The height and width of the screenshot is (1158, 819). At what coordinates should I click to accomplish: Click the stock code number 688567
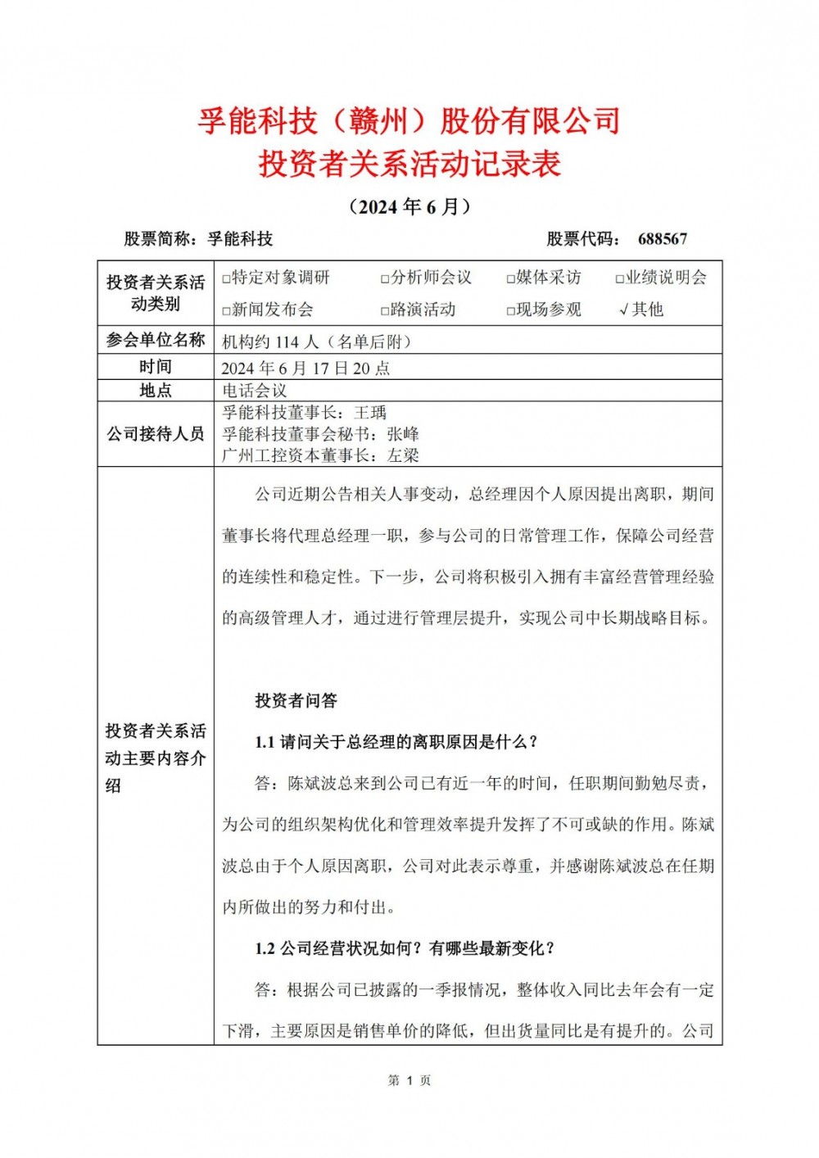point(662,239)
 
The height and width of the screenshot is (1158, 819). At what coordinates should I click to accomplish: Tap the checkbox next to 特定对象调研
point(226,279)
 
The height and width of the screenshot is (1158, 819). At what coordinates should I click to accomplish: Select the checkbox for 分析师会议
point(385,279)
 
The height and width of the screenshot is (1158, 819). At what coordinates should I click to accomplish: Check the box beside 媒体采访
point(511,279)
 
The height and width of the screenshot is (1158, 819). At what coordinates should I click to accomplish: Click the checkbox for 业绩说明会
point(620,279)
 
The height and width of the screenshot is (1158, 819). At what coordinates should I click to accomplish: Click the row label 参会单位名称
point(155,341)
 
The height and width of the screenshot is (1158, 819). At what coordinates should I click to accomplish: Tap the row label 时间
point(155,367)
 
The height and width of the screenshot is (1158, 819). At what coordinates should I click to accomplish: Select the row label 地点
point(155,391)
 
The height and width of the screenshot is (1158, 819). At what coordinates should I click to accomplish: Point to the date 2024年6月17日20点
point(305,369)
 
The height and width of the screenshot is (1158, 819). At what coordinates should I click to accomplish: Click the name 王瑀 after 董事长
point(370,414)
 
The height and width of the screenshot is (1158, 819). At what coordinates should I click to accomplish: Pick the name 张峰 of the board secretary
point(403,435)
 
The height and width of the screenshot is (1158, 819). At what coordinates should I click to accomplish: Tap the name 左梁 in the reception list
point(403,456)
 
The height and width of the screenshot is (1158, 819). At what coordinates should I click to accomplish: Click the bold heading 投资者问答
point(296,701)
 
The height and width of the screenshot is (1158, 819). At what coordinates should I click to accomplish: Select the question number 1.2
point(265,949)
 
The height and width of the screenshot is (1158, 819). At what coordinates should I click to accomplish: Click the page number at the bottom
point(409,1081)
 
